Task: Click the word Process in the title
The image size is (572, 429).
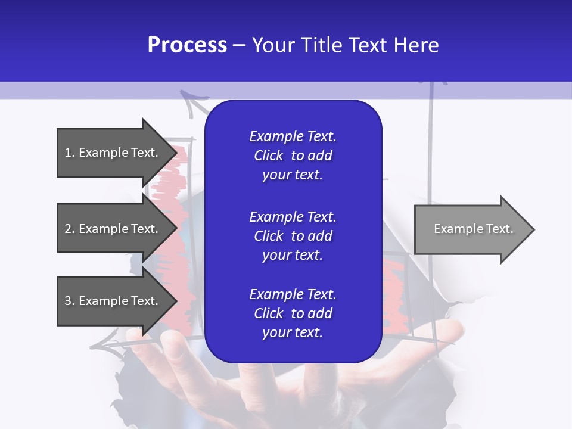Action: pos(187,45)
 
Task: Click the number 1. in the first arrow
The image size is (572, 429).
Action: pos(69,153)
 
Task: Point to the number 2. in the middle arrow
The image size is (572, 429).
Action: pos(69,229)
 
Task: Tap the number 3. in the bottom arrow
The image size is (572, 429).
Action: pos(69,301)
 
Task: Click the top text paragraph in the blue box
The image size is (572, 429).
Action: pos(293,156)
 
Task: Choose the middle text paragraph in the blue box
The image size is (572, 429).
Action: pos(293,236)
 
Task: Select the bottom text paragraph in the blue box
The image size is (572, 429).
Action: pos(293,313)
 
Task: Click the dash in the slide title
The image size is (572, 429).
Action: pos(239,46)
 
